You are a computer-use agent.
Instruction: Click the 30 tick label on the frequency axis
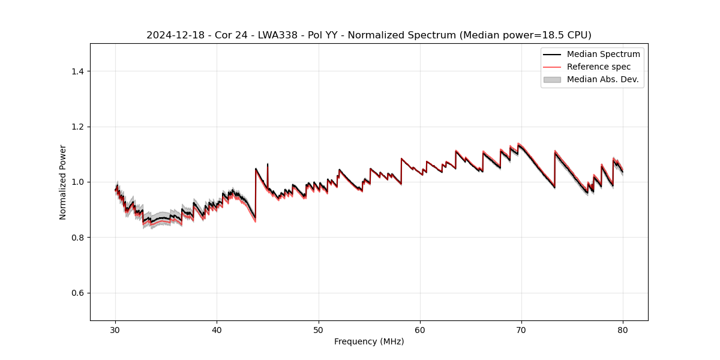(x=115, y=329)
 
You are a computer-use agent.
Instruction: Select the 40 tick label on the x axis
(x=217, y=329)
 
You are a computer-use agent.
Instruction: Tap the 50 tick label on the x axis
(x=318, y=329)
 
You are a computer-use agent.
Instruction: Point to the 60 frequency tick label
(x=420, y=329)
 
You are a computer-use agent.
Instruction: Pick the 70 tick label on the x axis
(x=521, y=329)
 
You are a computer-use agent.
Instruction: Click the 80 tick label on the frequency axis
(x=623, y=329)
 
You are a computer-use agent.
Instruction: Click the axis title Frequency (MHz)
(x=369, y=341)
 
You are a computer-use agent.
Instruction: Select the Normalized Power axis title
(x=63, y=182)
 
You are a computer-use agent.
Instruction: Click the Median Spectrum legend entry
(x=603, y=54)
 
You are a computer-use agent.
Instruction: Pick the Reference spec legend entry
(x=599, y=67)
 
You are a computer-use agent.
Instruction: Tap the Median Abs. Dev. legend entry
(x=602, y=79)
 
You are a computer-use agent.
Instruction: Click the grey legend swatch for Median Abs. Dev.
(x=551, y=79)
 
